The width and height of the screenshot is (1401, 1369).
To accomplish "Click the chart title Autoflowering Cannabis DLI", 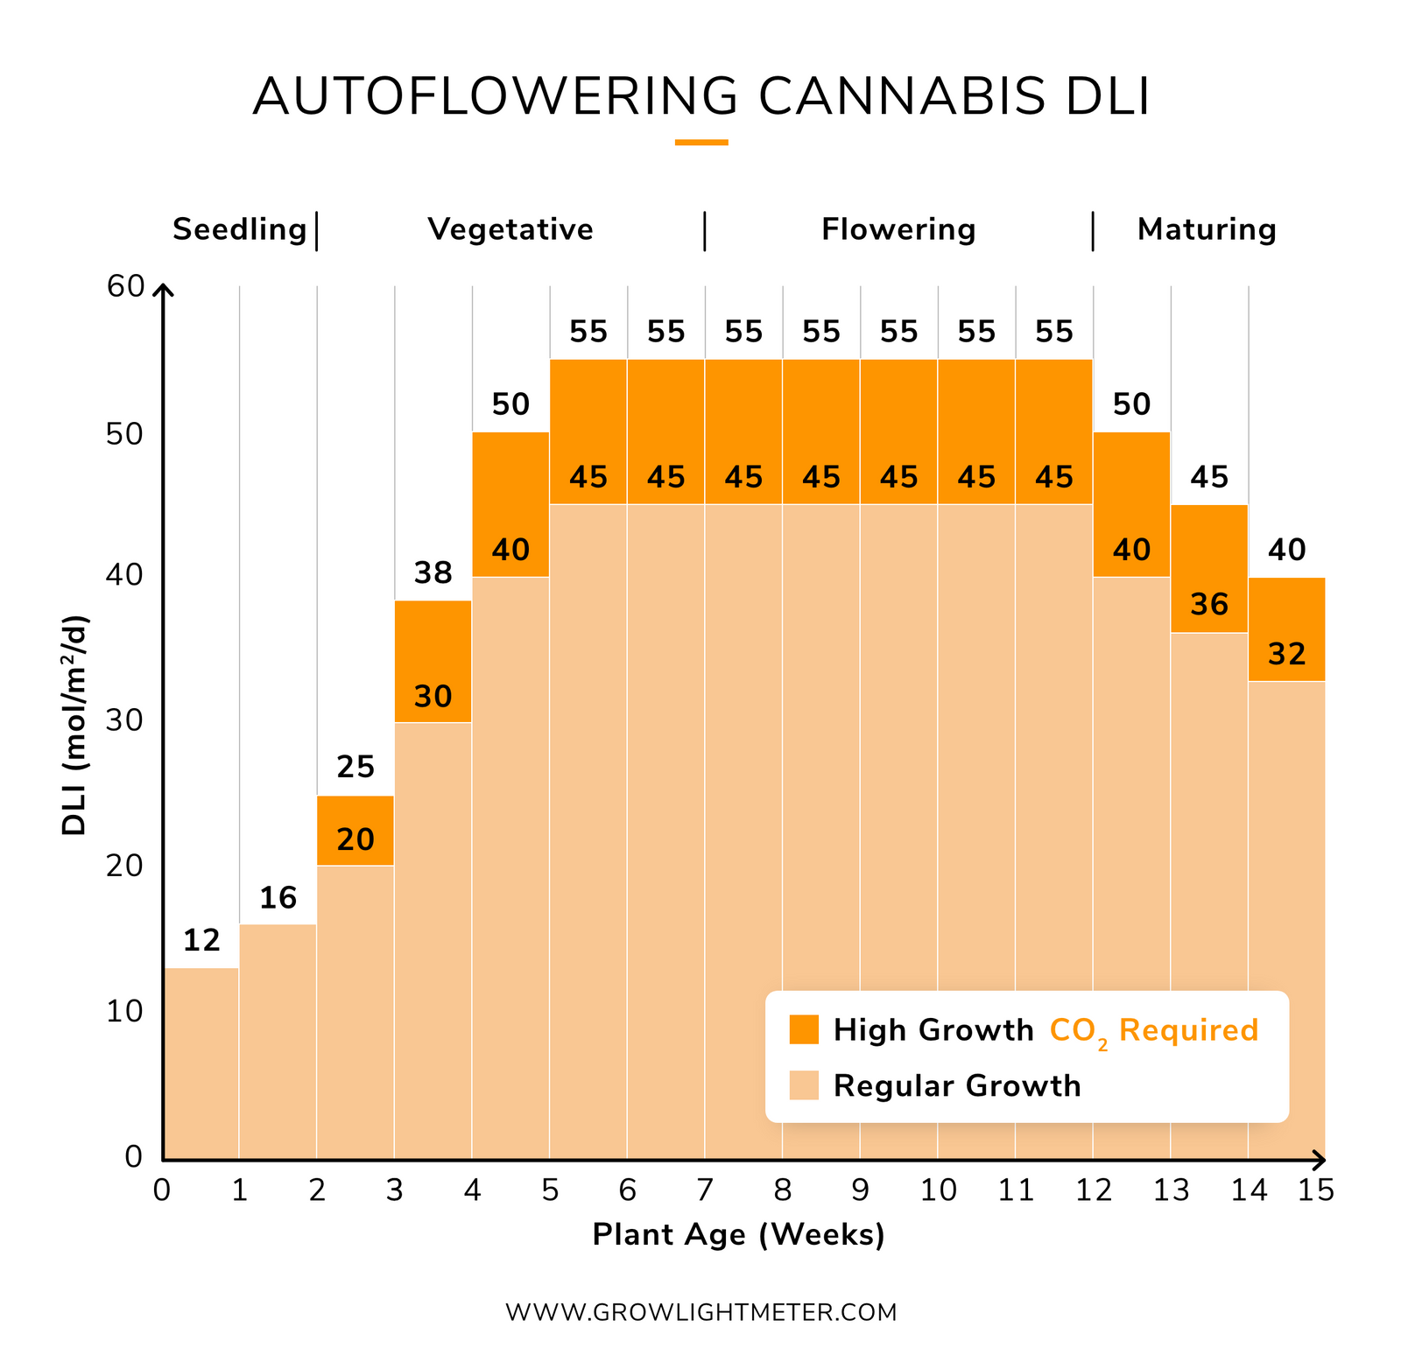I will [x=700, y=96].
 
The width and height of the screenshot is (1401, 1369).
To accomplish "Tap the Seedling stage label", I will [x=239, y=229].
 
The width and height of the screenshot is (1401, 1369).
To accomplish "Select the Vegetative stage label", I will [x=510, y=229].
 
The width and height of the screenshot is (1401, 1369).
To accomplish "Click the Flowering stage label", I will [x=898, y=229].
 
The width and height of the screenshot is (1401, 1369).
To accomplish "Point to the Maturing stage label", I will [x=1206, y=229].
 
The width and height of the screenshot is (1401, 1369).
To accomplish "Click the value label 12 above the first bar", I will [x=201, y=941].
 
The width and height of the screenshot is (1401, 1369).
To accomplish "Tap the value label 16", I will [x=278, y=898].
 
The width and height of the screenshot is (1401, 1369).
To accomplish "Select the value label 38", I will [x=433, y=573].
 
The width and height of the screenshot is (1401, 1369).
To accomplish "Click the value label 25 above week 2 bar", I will [x=356, y=768].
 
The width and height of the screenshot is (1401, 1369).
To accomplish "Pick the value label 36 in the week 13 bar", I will [x=1209, y=605].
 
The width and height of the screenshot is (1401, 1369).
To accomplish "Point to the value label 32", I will [x=1286, y=655].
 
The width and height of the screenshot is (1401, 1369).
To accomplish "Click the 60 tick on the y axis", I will [x=125, y=286].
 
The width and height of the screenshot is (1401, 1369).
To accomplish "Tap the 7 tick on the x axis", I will [x=705, y=1190].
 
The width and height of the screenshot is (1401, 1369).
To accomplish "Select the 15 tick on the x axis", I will [x=1316, y=1190].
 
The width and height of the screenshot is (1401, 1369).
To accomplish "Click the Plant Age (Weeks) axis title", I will [x=738, y=1235].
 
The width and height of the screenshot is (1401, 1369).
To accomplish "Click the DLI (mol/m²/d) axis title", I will [x=75, y=726].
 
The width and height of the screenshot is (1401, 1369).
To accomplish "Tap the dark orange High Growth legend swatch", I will [x=803, y=1029].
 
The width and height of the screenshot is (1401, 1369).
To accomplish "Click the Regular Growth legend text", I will [x=956, y=1086].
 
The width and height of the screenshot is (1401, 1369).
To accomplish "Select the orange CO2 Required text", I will [x=1153, y=1030].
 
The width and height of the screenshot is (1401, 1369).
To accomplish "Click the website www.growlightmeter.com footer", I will [x=700, y=1312].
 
